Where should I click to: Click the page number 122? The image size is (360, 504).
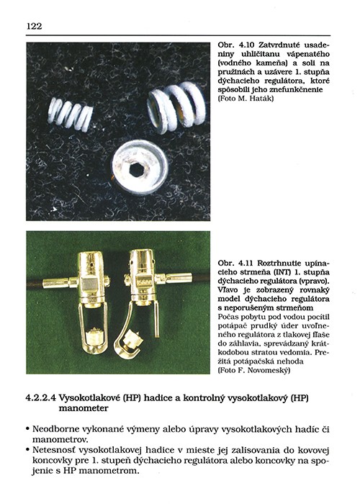click(34, 26)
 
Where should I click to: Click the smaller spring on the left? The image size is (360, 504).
click(71, 114)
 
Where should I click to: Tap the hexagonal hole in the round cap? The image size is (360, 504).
click(137, 168)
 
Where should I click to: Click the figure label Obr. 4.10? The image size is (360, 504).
click(236, 45)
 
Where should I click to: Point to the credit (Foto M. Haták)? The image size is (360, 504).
click(246, 99)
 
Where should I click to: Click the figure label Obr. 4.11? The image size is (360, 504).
click(236, 264)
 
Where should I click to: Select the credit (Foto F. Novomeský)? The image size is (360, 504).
click(254, 370)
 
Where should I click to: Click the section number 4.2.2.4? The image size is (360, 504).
click(41, 398)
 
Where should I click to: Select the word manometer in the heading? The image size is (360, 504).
click(84, 408)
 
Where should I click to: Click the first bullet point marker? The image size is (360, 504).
click(28, 429)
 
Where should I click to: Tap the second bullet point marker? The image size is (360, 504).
click(28, 450)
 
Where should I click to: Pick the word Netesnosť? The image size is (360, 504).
click(54, 450)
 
